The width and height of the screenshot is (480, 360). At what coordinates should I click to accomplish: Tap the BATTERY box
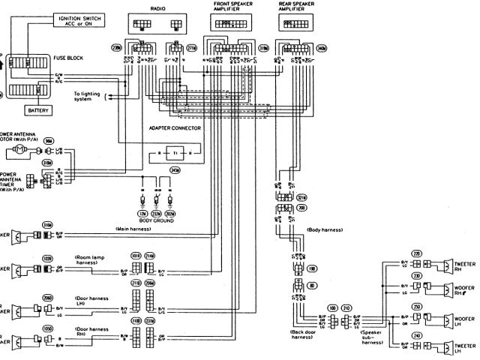tap(38, 109)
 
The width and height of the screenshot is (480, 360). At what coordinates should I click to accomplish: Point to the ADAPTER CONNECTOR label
tap(175, 128)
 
